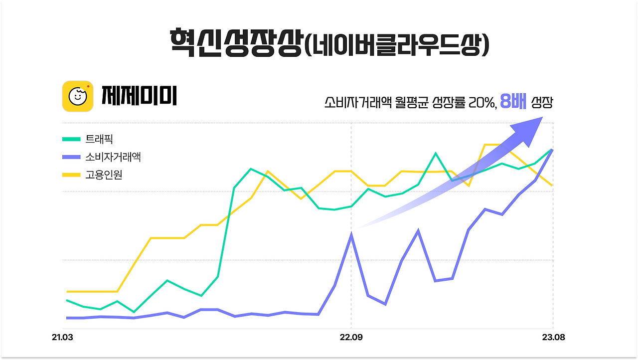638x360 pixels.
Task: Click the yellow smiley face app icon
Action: coord(78,96)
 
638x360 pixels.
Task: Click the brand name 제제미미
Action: coord(139,96)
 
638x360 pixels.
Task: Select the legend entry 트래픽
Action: coord(99,139)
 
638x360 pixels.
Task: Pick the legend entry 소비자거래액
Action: coord(113,157)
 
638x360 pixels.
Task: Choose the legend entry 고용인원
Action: coord(104,175)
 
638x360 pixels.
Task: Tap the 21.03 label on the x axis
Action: coord(62,338)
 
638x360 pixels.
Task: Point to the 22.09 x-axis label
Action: coord(351,338)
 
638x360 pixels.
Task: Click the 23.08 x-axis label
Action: coord(553,338)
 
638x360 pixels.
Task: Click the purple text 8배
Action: coord(513,102)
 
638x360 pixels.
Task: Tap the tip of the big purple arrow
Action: coord(541,118)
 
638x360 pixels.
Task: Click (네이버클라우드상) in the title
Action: coord(396,44)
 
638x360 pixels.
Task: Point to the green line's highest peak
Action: coord(436,153)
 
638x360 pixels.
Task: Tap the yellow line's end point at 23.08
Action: coord(552,185)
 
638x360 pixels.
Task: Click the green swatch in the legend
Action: coord(71,139)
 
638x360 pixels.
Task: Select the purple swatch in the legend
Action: coord(71,157)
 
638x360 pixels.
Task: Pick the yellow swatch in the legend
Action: coord(71,175)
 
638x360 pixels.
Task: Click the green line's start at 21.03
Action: coord(67,300)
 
